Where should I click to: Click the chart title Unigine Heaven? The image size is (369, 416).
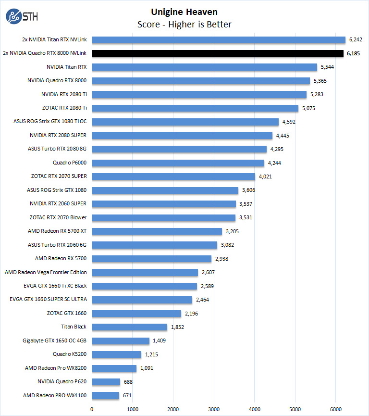(x=184, y=11)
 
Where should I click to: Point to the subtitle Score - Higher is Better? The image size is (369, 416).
(x=184, y=24)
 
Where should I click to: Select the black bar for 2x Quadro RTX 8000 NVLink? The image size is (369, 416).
(x=218, y=53)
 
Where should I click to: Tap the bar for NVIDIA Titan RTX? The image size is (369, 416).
(x=205, y=67)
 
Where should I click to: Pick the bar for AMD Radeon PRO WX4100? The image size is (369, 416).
(x=106, y=396)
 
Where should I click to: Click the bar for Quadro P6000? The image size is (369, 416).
(x=178, y=163)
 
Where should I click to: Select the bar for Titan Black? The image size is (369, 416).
(x=130, y=327)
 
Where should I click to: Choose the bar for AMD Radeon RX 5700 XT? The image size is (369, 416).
(x=157, y=231)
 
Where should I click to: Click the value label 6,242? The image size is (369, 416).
(x=356, y=40)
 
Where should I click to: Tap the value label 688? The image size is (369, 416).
(x=128, y=382)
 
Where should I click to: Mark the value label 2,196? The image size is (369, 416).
(x=191, y=314)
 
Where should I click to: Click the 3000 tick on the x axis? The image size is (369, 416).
(x=214, y=409)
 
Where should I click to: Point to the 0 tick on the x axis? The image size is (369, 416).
(x=92, y=409)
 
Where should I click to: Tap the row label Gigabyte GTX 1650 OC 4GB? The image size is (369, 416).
(x=55, y=341)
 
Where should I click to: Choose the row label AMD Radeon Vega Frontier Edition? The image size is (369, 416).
(x=46, y=272)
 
